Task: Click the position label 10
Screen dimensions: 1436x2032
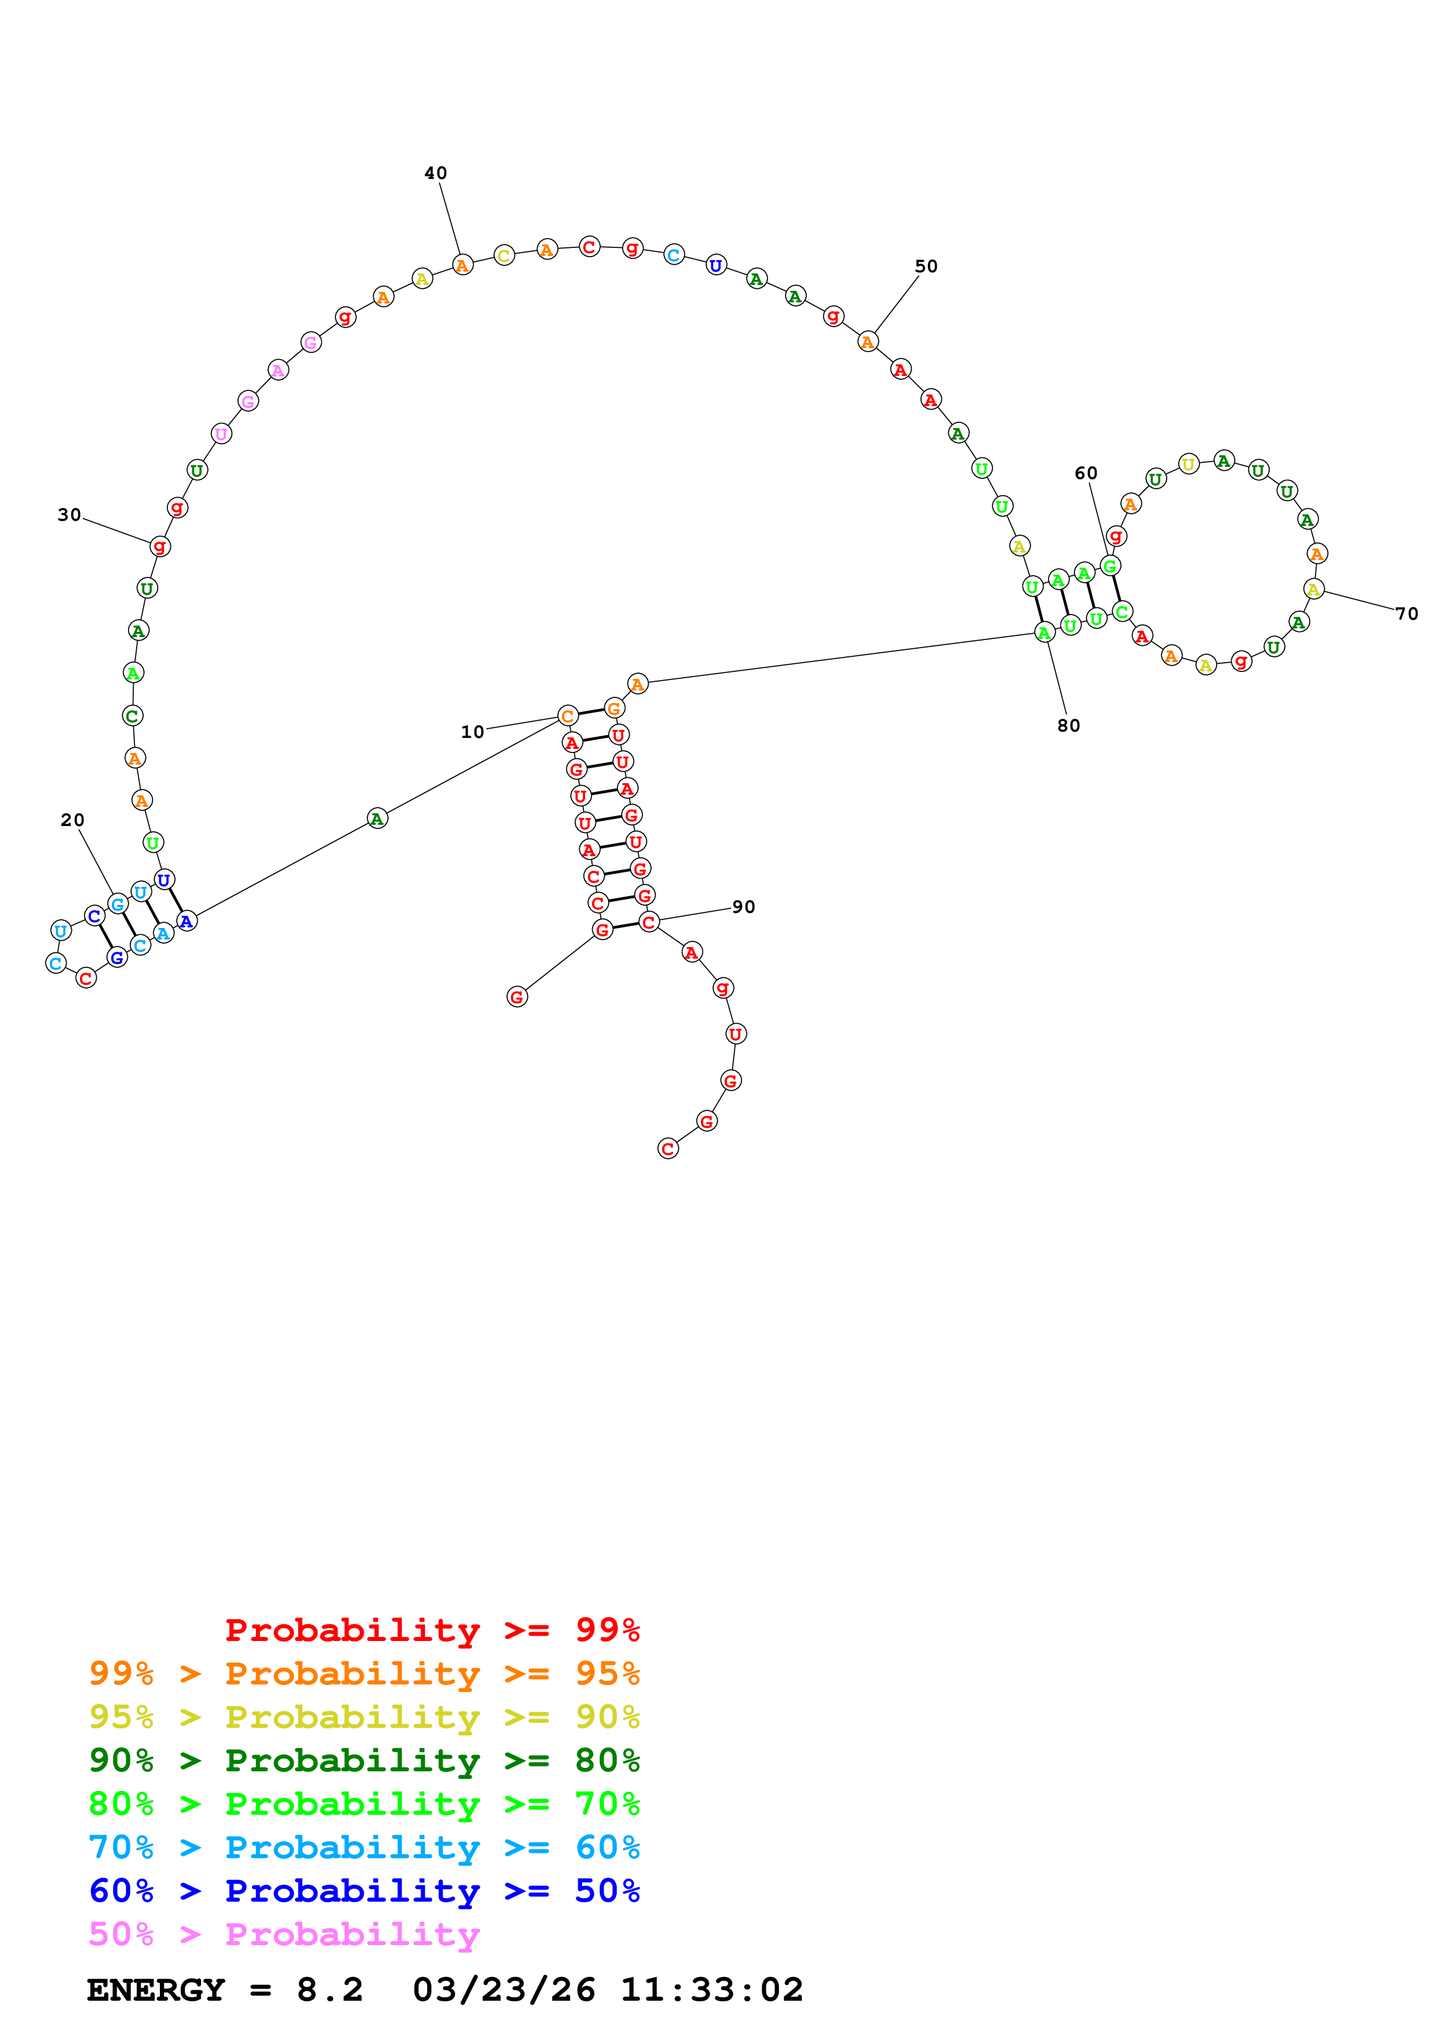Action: pyautogui.click(x=473, y=732)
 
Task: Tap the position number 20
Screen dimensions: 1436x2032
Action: pyautogui.click(x=72, y=820)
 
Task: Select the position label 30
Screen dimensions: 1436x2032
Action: pyautogui.click(x=69, y=515)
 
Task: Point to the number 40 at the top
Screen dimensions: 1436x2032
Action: pyautogui.click(x=435, y=173)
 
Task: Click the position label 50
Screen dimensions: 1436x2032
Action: pyautogui.click(x=926, y=266)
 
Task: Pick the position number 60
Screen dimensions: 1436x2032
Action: pyautogui.click(x=1086, y=473)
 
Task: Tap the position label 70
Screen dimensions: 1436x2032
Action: pyautogui.click(x=1406, y=614)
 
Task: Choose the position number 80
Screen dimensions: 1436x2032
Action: pyautogui.click(x=1068, y=726)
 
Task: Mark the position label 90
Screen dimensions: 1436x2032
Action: pyautogui.click(x=743, y=907)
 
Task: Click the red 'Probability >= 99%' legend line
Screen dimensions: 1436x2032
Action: pyautogui.click(x=432, y=1629)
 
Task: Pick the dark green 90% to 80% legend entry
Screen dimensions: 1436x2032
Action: pyautogui.click(x=364, y=1760)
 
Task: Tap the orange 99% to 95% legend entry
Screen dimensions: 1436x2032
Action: pyautogui.click(x=364, y=1673)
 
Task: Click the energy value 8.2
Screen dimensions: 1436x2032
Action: pyautogui.click(x=329, y=1990)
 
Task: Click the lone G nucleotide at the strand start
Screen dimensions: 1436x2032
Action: pyautogui.click(x=517, y=997)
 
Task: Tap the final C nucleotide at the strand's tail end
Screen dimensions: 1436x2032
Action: pyautogui.click(x=668, y=1149)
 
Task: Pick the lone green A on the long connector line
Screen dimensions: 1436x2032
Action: pyautogui.click(x=377, y=818)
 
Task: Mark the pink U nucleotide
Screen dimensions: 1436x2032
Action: pyautogui.click(x=221, y=434)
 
